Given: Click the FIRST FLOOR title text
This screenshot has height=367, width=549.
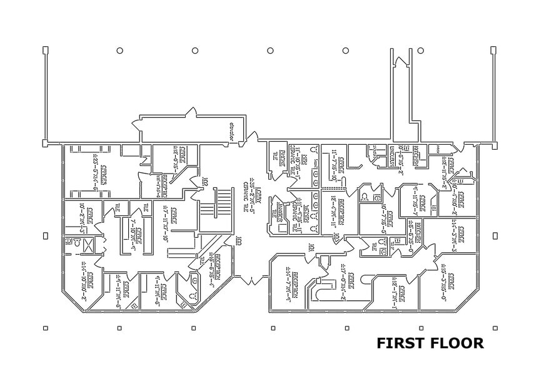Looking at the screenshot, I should [x=430, y=343].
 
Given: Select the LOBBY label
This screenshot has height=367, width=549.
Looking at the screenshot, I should [x=251, y=188].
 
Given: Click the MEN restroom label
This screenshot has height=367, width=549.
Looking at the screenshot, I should [x=305, y=158].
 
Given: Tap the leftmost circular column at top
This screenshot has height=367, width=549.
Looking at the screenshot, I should [x=119, y=51].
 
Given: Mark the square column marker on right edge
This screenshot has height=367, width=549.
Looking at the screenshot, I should [x=495, y=236].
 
